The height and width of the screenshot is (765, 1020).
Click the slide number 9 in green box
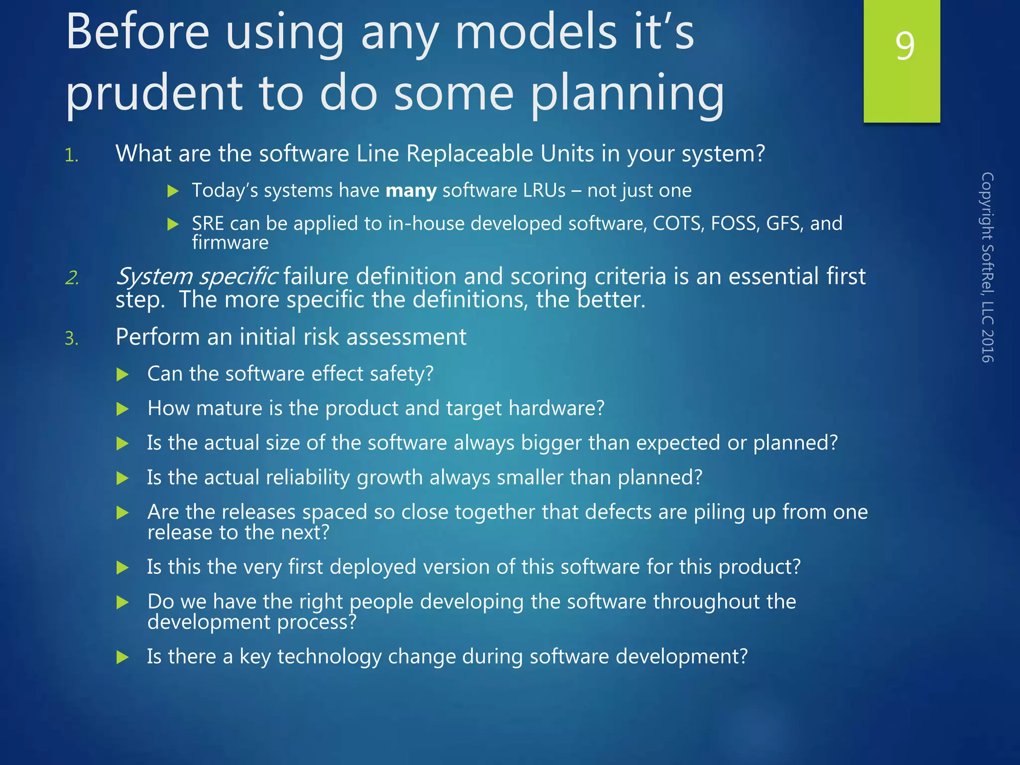[x=904, y=46]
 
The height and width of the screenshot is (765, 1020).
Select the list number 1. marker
[x=72, y=156]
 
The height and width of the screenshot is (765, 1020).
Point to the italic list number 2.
[x=72, y=278]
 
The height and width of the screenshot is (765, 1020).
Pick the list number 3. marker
[x=72, y=339]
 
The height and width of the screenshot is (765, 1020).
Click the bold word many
[x=411, y=191]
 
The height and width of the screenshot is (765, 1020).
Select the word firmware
[x=230, y=243]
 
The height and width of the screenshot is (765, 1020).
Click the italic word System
[x=154, y=276]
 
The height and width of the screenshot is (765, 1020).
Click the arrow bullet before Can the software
[x=123, y=375]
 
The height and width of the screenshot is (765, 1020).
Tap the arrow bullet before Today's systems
[x=173, y=191]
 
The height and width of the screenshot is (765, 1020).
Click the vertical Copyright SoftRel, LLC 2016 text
[x=987, y=267]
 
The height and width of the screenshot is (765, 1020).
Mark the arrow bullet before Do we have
[x=123, y=603]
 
